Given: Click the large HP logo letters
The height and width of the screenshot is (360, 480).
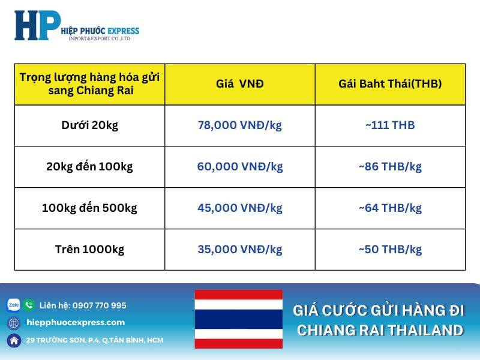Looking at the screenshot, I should (x=37, y=26).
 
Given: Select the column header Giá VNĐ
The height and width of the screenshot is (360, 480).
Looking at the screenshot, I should (x=239, y=84).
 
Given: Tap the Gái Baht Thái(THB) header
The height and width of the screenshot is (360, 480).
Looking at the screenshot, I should (x=390, y=84).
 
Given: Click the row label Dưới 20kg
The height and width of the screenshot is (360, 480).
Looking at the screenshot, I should (x=89, y=125).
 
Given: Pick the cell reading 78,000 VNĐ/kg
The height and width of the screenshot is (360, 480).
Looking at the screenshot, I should (x=239, y=125).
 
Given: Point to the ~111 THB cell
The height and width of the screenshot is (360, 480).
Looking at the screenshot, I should (x=390, y=125).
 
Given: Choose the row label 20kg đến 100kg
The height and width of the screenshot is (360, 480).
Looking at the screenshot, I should (x=89, y=167).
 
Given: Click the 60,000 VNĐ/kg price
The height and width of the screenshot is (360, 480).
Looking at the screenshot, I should (x=239, y=167).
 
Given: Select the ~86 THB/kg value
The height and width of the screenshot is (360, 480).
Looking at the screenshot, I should (x=390, y=167).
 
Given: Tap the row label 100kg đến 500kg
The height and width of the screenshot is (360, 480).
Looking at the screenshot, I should (x=89, y=208).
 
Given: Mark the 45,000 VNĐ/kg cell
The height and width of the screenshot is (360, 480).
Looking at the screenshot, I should (x=239, y=208).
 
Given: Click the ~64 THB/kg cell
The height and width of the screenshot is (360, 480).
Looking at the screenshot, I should (x=390, y=208).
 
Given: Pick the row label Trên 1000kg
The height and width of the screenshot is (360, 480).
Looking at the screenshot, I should (x=89, y=250).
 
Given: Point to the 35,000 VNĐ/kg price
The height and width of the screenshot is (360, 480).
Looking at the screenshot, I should (x=239, y=250).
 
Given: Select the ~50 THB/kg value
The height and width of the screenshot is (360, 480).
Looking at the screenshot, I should (x=390, y=250).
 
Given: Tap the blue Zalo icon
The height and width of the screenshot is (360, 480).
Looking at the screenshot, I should (x=13, y=305).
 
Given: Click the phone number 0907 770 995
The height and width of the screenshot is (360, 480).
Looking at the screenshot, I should (x=100, y=305).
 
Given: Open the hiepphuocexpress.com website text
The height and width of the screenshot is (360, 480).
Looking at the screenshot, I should (x=76, y=323).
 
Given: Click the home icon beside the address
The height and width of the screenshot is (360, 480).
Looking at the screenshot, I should (x=13, y=340).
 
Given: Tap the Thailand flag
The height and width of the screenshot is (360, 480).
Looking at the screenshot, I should (x=238, y=319).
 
